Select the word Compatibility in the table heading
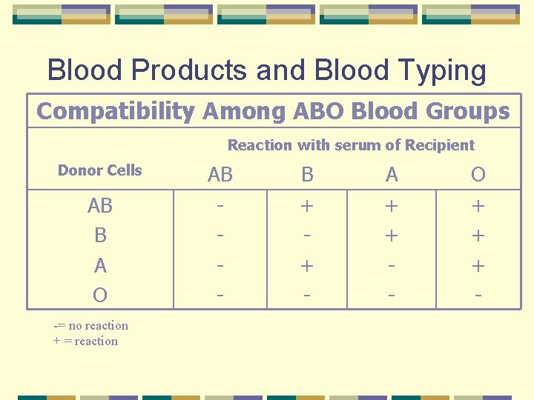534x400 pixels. tap(114, 111)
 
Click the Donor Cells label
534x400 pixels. tap(99, 170)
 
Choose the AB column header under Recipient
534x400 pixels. tap(220, 175)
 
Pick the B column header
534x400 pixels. tap(307, 175)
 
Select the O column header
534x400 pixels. tap(478, 175)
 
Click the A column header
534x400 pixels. tap(392, 175)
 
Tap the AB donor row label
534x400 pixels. tap(99, 205)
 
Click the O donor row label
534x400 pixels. tap(99, 296)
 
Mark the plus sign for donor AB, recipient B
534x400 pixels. tap(307, 205)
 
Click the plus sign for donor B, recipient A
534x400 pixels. tap(392, 236)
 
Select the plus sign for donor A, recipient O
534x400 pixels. tap(478, 265)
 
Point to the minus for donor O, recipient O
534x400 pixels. tap(478, 296)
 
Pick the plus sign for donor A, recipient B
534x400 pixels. tap(307, 265)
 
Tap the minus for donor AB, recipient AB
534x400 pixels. tap(220, 205)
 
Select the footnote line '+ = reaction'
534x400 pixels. tap(85, 341)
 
